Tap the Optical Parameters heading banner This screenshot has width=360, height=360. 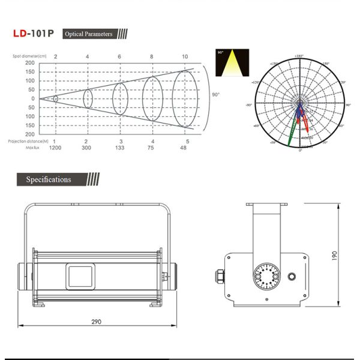pos(88,34)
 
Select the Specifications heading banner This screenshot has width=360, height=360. pos(49,179)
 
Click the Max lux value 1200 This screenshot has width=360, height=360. pos(55,148)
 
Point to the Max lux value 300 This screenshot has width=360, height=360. pos(87,148)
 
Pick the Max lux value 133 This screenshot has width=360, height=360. pos(119,148)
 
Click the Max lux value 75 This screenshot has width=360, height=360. pos(152,148)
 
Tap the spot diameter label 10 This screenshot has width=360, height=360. pos(185,56)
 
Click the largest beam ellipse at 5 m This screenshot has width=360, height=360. pos(185,98)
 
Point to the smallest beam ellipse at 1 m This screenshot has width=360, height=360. pos(55,98)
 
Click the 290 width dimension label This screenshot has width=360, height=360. pos(96,322)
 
